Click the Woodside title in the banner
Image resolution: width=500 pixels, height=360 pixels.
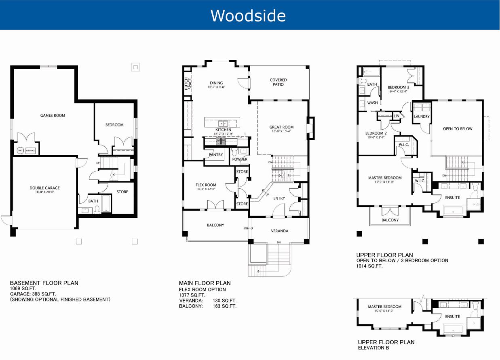pos(248,15)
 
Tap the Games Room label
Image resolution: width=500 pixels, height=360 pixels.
pos(53,116)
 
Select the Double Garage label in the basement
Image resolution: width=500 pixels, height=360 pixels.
pos(44,188)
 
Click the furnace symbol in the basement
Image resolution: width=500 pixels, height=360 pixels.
pos(30,151)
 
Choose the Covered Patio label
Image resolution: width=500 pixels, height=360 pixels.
pos(278,82)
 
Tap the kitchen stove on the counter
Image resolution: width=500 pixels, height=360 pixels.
pos(222,141)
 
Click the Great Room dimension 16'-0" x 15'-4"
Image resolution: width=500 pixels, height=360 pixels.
pos(281,131)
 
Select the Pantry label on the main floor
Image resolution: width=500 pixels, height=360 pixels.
pos(216,155)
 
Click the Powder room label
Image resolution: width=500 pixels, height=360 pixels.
pos(239,159)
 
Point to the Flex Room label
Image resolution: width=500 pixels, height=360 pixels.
pos(206,185)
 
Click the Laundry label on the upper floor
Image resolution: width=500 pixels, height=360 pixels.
pos(422,117)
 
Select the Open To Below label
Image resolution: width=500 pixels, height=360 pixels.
pos(458,129)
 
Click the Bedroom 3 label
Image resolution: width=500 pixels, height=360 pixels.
pos(398,87)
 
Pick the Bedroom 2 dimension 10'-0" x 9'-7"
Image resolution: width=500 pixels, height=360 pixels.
pos(376,137)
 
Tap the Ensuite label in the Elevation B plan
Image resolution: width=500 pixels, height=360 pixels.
pos(452,316)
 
